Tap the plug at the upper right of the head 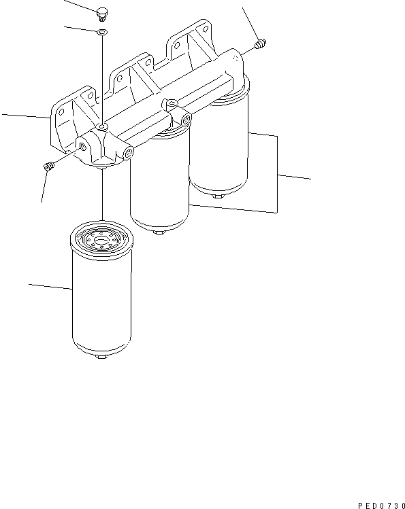point(259,45)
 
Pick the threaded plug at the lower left point(48,166)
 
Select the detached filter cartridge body point(100,299)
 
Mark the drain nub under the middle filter point(158,232)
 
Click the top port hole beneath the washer point(101,127)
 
